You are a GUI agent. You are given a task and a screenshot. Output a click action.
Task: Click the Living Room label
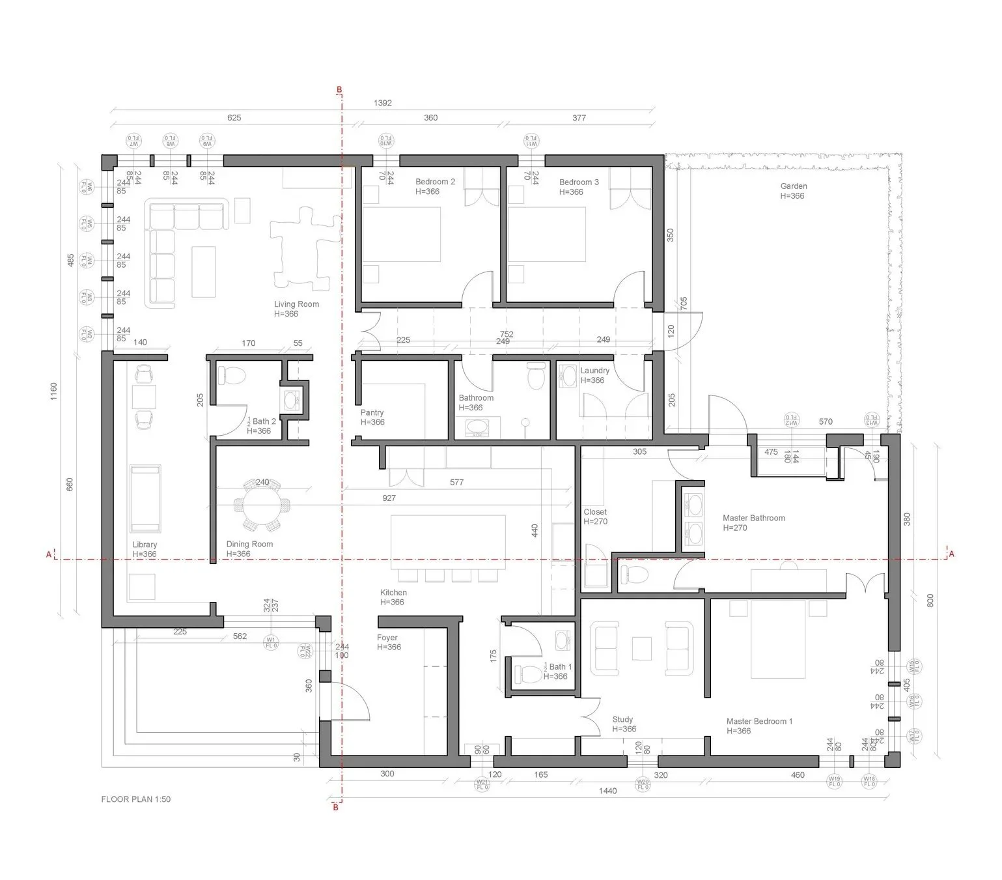[296, 305]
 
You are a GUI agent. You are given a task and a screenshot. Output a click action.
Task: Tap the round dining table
[263, 505]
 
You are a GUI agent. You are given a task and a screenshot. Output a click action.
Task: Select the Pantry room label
[372, 413]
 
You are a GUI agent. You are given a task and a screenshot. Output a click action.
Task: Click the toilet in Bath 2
[231, 376]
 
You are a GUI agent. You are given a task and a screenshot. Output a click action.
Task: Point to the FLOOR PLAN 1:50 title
[135, 799]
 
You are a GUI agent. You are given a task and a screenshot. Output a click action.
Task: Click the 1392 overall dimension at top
[383, 103]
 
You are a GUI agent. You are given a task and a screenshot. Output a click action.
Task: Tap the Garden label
[793, 186]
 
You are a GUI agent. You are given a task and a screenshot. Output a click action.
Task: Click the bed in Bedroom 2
[401, 234]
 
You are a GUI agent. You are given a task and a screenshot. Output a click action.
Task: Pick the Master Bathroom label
[753, 518]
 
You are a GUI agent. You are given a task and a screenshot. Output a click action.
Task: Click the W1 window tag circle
[271, 642]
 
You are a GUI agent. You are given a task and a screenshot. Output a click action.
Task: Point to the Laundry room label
[594, 371]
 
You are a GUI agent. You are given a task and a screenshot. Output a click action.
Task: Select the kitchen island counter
[448, 537]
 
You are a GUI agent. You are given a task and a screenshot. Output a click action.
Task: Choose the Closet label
[594, 513]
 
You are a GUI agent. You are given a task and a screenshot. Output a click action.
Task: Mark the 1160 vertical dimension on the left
[54, 391]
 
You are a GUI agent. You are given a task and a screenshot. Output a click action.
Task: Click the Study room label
[622, 720]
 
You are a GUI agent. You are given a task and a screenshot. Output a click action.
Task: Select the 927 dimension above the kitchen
[388, 498]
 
